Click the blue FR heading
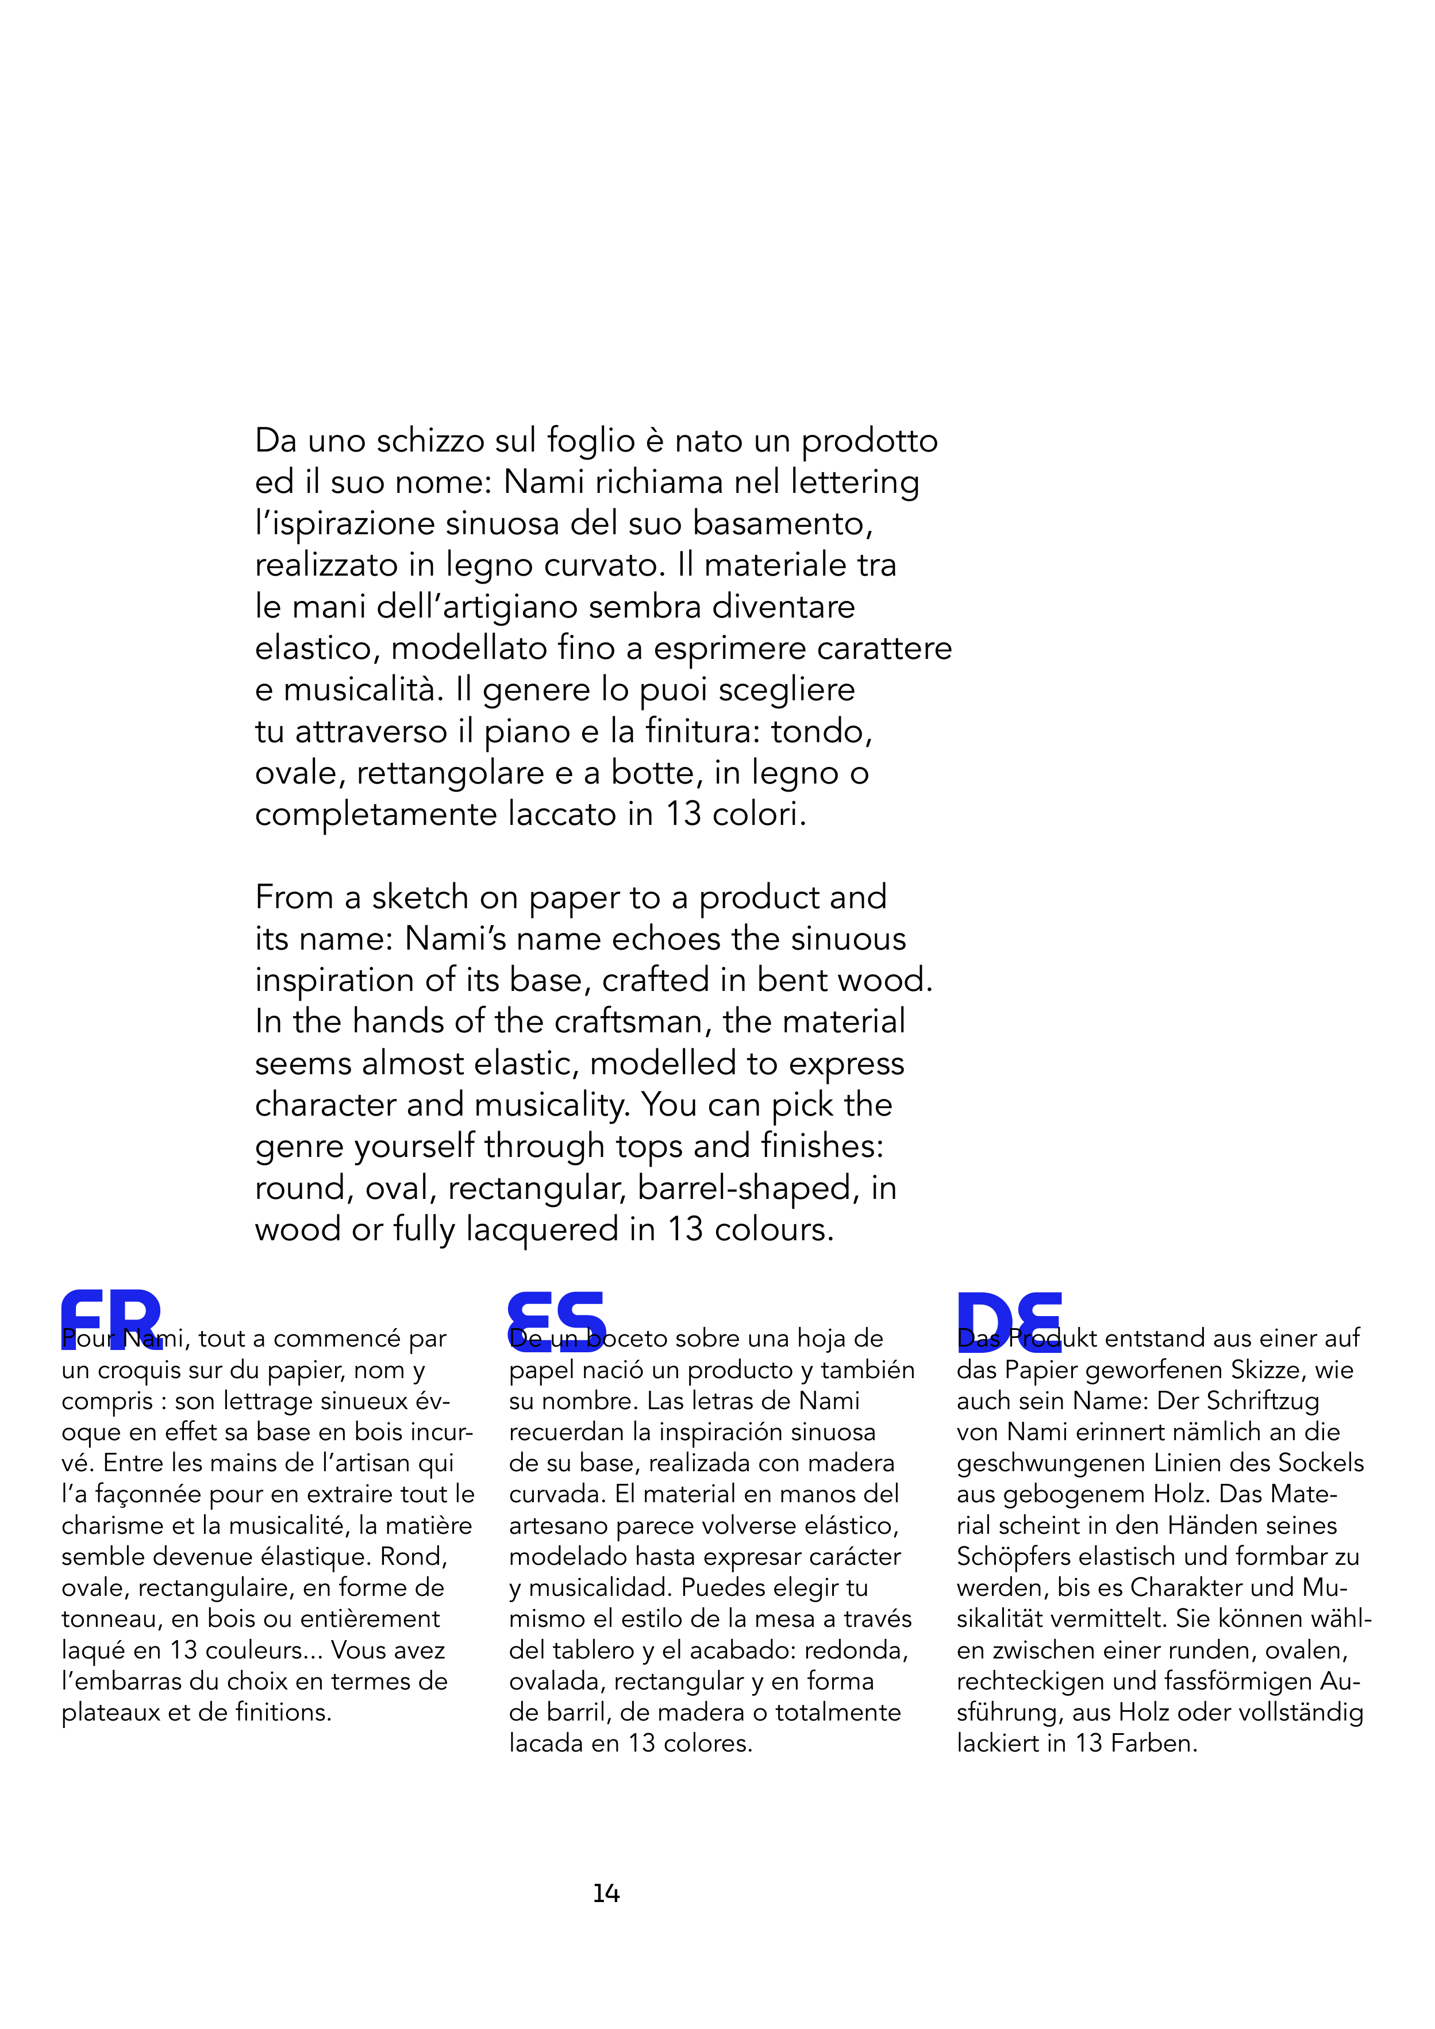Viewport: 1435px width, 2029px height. [x=111, y=1320]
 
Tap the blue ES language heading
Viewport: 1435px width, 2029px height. [x=557, y=1320]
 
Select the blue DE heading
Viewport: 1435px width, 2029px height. [x=1009, y=1320]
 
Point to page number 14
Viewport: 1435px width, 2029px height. [x=606, y=1893]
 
